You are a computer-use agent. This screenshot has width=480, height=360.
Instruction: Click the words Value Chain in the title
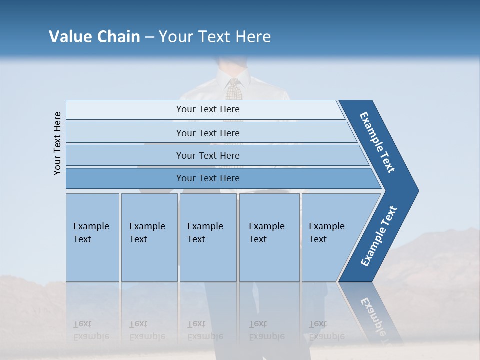(94, 37)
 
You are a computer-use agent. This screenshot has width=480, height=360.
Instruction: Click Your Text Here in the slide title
(215, 37)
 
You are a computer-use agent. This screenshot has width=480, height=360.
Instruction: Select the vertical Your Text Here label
(57, 143)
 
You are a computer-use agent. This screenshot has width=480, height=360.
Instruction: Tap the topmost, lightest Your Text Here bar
(207, 109)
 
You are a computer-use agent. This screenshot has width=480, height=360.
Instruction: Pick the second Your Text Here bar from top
(207, 133)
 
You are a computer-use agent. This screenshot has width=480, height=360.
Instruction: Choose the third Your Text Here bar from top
(207, 155)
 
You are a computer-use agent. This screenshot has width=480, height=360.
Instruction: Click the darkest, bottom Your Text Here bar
(207, 178)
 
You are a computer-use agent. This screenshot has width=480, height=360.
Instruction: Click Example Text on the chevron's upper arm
(377, 142)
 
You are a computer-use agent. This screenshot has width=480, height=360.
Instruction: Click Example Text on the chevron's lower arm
(379, 236)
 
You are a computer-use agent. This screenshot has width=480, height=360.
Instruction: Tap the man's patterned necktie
(233, 89)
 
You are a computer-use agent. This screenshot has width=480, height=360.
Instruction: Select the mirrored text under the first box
(91, 330)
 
